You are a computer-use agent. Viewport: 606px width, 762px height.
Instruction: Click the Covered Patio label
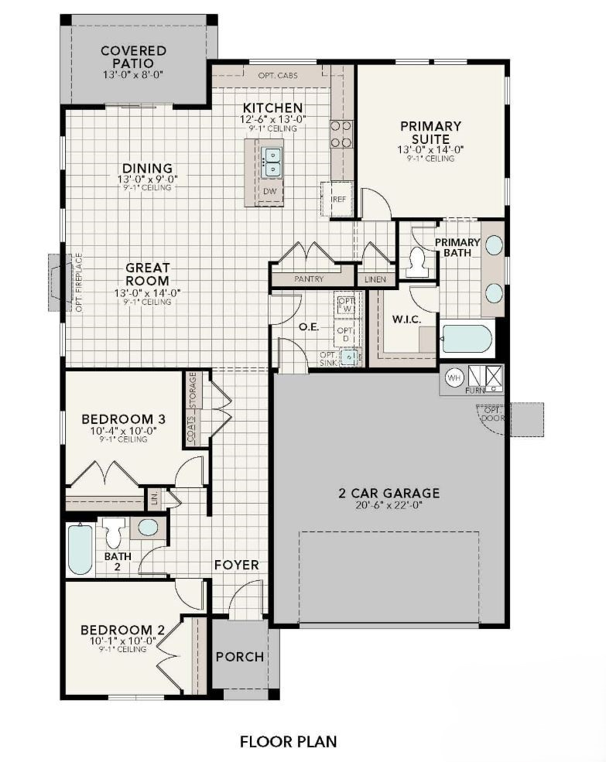click(x=133, y=56)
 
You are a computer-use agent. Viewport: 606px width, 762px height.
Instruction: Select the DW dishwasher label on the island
click(x=270, y=191)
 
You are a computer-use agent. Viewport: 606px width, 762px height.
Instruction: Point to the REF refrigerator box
click(x=337, y=199)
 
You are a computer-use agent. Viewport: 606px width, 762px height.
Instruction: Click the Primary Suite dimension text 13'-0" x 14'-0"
click(x=430, y=149)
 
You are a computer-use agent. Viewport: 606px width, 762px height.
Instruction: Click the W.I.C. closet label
click(x=406, y=318)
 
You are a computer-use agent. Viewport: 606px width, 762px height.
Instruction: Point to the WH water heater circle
click(x=454, y=378)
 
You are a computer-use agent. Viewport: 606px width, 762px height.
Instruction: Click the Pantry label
click(x=309, y=278)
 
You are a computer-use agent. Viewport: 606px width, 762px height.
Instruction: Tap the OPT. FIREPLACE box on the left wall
click(x=60, y=282)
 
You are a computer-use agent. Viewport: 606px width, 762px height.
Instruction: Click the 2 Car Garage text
click(x=389, y=493)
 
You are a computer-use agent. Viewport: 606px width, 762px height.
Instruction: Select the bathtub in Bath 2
click(x=80, y=549)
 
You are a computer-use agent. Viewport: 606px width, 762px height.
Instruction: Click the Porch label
click(x=240, y=657)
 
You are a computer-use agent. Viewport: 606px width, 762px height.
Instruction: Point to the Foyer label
click(x=237, y=566)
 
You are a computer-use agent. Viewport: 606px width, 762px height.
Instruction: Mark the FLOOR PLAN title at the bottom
click(x=288, y=742)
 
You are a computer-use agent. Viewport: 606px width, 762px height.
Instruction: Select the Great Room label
click(x=148, y=275)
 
